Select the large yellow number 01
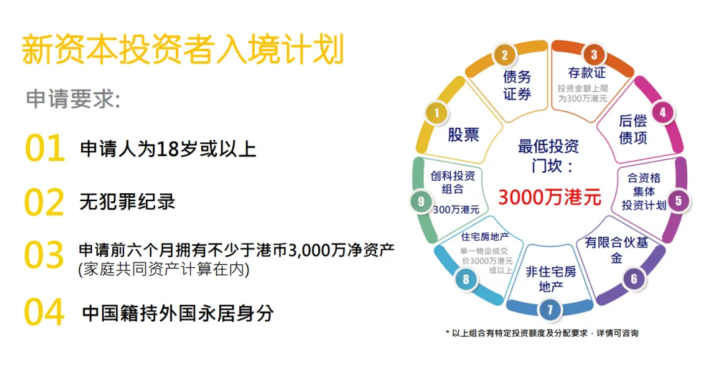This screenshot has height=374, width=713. click(45, 148)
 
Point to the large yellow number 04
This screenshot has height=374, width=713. click(45, 312)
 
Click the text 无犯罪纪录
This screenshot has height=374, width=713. click(127, 201)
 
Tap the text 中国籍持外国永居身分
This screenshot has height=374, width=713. click(178, 313)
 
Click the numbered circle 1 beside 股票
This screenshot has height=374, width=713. click(436, 113)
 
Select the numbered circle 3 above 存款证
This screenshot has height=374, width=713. click(594, 55)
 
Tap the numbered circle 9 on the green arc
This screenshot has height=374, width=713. click(421, 202)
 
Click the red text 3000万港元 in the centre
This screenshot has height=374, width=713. click(549, 197)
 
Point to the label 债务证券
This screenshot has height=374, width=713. click(517, 85)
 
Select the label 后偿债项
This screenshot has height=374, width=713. click(633, 129)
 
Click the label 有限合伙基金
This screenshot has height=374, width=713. click(617, 250)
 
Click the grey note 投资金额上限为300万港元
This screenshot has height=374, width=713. click(582, 93)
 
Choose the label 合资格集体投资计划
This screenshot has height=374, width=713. click(644, 191)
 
